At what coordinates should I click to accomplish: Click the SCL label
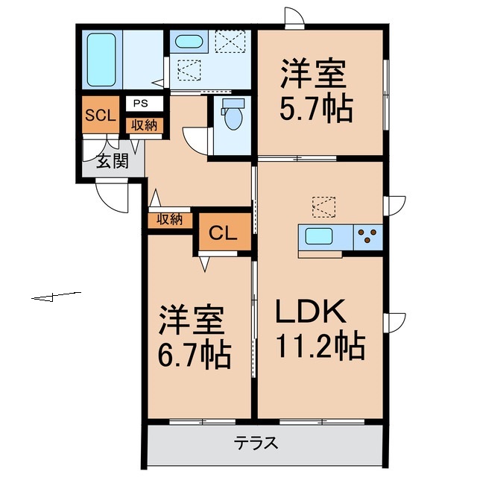[x=99, y=116]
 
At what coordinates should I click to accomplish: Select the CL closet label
[x=223, y=233]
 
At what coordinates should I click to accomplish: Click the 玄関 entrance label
[x=112, y=161]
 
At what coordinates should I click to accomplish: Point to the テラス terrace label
[x=256, y=443]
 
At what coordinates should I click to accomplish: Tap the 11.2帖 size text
[x=320, y=346]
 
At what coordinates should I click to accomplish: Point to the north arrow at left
[x=56, y=297]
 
